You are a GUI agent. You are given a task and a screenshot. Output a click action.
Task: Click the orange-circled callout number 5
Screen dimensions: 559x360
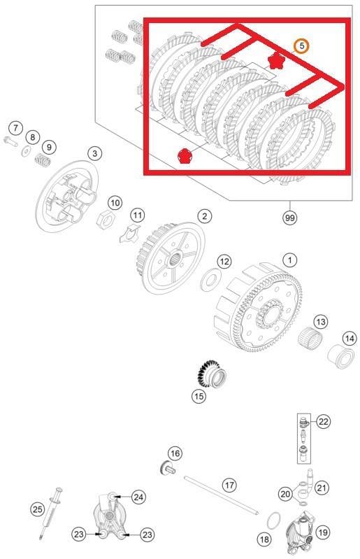click(301, 46)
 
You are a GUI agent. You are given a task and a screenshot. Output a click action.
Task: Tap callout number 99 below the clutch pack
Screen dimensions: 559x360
click(289, 218)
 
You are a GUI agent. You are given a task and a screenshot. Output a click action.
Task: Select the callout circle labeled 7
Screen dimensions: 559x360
click(15, 128)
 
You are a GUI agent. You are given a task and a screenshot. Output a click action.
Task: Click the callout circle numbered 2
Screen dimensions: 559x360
click(204, 216)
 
